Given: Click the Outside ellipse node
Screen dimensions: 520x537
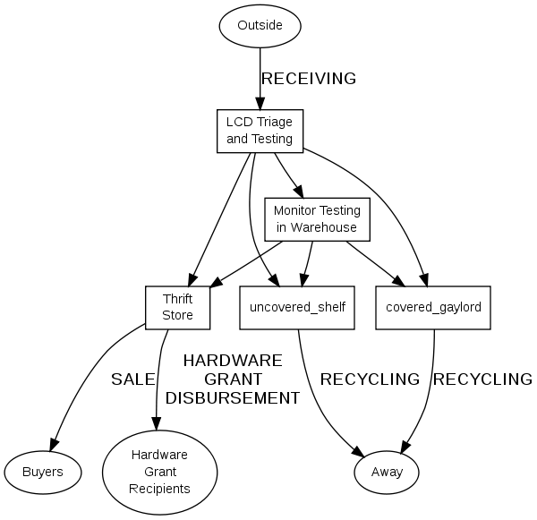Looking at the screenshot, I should [x=260, y=25].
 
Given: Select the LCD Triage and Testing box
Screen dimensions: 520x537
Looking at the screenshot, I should [x=260, y=130].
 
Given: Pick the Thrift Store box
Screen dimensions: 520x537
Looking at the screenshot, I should [x=177, y=307].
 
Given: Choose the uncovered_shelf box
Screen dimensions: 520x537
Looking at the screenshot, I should [x=298, y=307].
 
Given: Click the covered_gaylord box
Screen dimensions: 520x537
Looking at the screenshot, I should [x=433, y=307].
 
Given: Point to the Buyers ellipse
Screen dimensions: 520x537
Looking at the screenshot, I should [x=42, y=471].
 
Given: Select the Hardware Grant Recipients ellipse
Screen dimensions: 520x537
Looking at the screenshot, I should [x=160, y=471].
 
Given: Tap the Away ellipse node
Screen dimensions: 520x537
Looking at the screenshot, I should [x=387, y=471].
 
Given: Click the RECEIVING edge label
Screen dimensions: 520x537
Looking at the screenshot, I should [x=308, y=79].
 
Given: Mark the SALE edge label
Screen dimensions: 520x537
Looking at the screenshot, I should [x=132, y=379].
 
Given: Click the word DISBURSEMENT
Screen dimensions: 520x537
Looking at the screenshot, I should [x=232, y=398].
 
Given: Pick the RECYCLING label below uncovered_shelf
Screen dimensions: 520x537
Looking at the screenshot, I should [x=370, y=379].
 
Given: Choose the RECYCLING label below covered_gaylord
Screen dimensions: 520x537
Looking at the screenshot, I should [x=482, y=379].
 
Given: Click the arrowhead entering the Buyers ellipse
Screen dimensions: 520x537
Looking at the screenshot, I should [x=55, y=443].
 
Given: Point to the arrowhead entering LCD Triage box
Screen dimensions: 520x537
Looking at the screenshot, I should [x=260, y=103].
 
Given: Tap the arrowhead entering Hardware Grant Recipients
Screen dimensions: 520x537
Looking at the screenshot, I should [x=158, y=424].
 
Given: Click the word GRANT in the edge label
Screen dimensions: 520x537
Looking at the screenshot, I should [x=232, y=379].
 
